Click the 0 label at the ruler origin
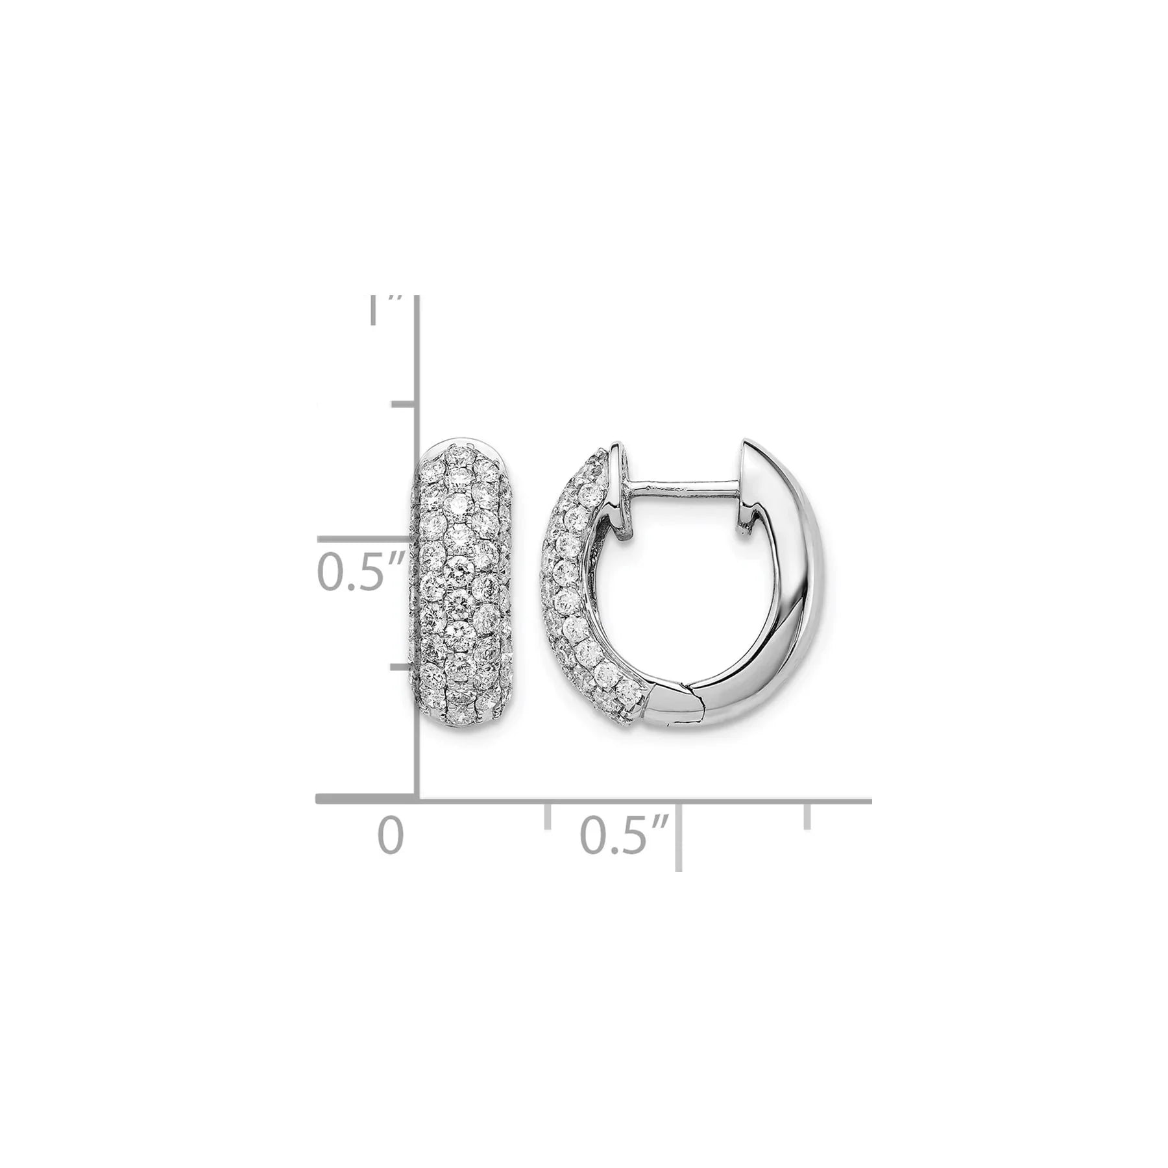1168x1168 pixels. click(x=391, y=837)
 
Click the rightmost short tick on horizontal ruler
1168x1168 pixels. click(x=807, y=816)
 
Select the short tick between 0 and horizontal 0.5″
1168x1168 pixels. click(x=548, y=816)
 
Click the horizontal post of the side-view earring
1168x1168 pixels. click(x=675, y=483)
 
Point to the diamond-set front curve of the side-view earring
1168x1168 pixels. click(x=571, y=584)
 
